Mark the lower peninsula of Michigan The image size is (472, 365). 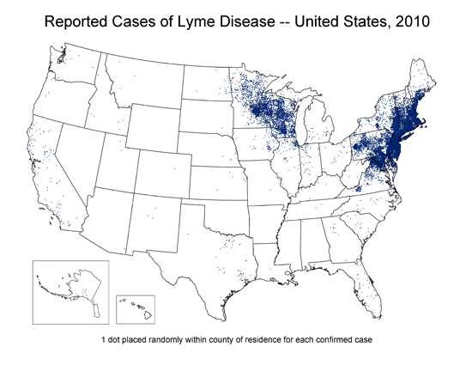tap(318, 125)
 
